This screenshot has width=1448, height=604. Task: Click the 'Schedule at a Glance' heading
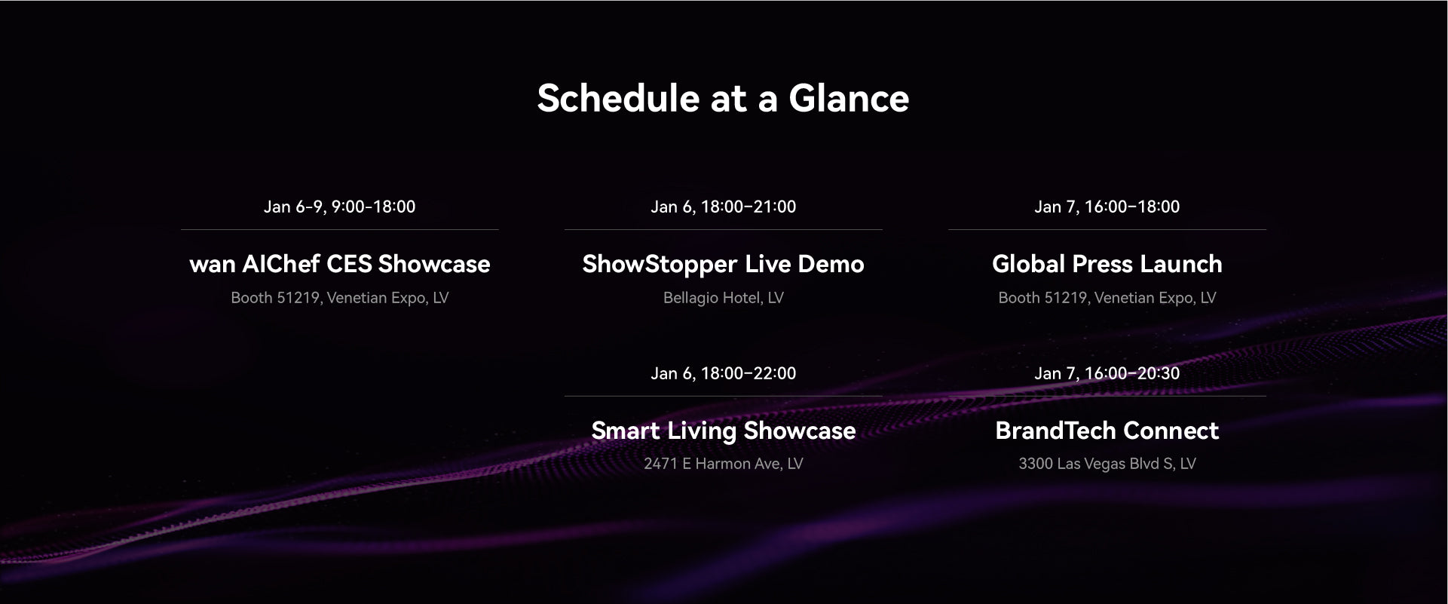pyautogui.click(x=723, y=98)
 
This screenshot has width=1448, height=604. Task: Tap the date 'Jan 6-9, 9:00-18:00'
pyautogui.click(x=339, y=207)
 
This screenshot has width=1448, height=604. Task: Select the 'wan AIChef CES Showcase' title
pyautogui.click(x=339, y=264)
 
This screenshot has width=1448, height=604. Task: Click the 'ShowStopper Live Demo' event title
pyautogui.click(x=723, y=264)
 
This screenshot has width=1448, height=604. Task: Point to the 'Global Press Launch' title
pyautogui.click(x=1107, y=264)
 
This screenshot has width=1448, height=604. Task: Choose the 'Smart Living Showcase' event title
pyautogui.click(x=723, y=431)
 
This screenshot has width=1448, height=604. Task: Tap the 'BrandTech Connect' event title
pyautogui.click(x=1107, y=431)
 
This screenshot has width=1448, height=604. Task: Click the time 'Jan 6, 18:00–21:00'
pyautogui.click(x=723, y=207)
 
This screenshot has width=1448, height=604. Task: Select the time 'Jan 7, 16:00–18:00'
pyautogui.click(x=1107, y=207)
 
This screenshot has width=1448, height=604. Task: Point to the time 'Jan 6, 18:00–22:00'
pyautogui.click(x=723, y=373)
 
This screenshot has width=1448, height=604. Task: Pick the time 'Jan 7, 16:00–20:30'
pyautogui.click(x=1107, y=373)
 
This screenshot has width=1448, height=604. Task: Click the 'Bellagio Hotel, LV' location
pyautogui.click(x=723, y=298)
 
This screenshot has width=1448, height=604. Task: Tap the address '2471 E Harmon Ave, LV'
pyautogui.click(x=723, y=464)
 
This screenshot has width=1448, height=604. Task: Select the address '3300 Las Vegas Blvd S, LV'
pyautogui.click(x=1107, y=464)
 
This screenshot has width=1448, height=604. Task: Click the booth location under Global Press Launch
pyautogui.click(x=1107, y=298)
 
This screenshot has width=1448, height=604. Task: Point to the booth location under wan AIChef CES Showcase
pyautogui.click(x=339, y=298)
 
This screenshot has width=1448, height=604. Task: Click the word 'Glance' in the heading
pyautogui.click(x=849, y=98)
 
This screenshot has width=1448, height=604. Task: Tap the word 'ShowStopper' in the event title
pyautogui.click(x=660, y=264)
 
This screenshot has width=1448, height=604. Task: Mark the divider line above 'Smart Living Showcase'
pyautogui.click(x=723, y=396)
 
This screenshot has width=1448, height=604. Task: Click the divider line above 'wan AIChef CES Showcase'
pyautogui.click(x=339, y=229)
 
